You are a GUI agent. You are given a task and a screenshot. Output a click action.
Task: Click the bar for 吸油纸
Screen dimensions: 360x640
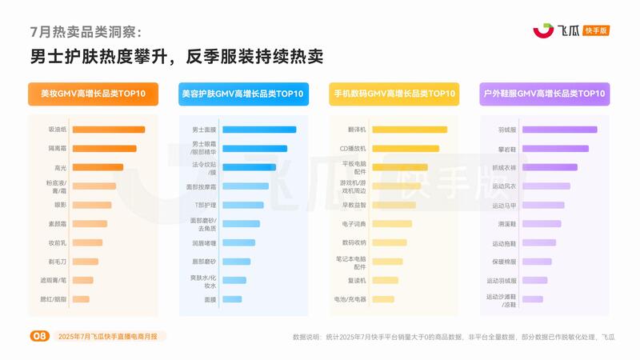click(x=108, y=129)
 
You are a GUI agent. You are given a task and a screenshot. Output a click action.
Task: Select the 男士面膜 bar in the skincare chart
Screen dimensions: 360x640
click(x=258, y=129)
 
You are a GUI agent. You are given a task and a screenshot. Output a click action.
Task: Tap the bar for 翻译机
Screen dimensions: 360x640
click(x=409, y=129)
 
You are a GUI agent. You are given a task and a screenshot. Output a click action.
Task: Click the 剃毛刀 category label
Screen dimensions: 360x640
click(x=57, y=262)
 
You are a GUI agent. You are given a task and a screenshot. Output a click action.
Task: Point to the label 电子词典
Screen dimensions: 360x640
click(x=354, y=223)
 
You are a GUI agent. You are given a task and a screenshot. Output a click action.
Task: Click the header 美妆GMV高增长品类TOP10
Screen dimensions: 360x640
click(x=93, y=94)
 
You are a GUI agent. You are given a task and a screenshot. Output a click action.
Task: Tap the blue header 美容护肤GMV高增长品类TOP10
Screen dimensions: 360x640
click(x=242, y=94)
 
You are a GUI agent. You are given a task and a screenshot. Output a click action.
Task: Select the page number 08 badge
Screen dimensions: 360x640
click(x=38, y=336)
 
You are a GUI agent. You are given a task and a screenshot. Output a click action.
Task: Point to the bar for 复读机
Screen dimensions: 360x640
click(x=385, y=280)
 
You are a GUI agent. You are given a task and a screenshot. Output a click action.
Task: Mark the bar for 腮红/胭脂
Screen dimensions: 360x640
click(x=80, y=299)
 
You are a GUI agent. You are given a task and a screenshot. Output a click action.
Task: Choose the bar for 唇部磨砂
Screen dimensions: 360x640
click(x=236, y=262)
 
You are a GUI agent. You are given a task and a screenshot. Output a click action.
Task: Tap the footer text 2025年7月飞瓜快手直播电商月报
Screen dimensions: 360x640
click(x=111, y=336)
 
